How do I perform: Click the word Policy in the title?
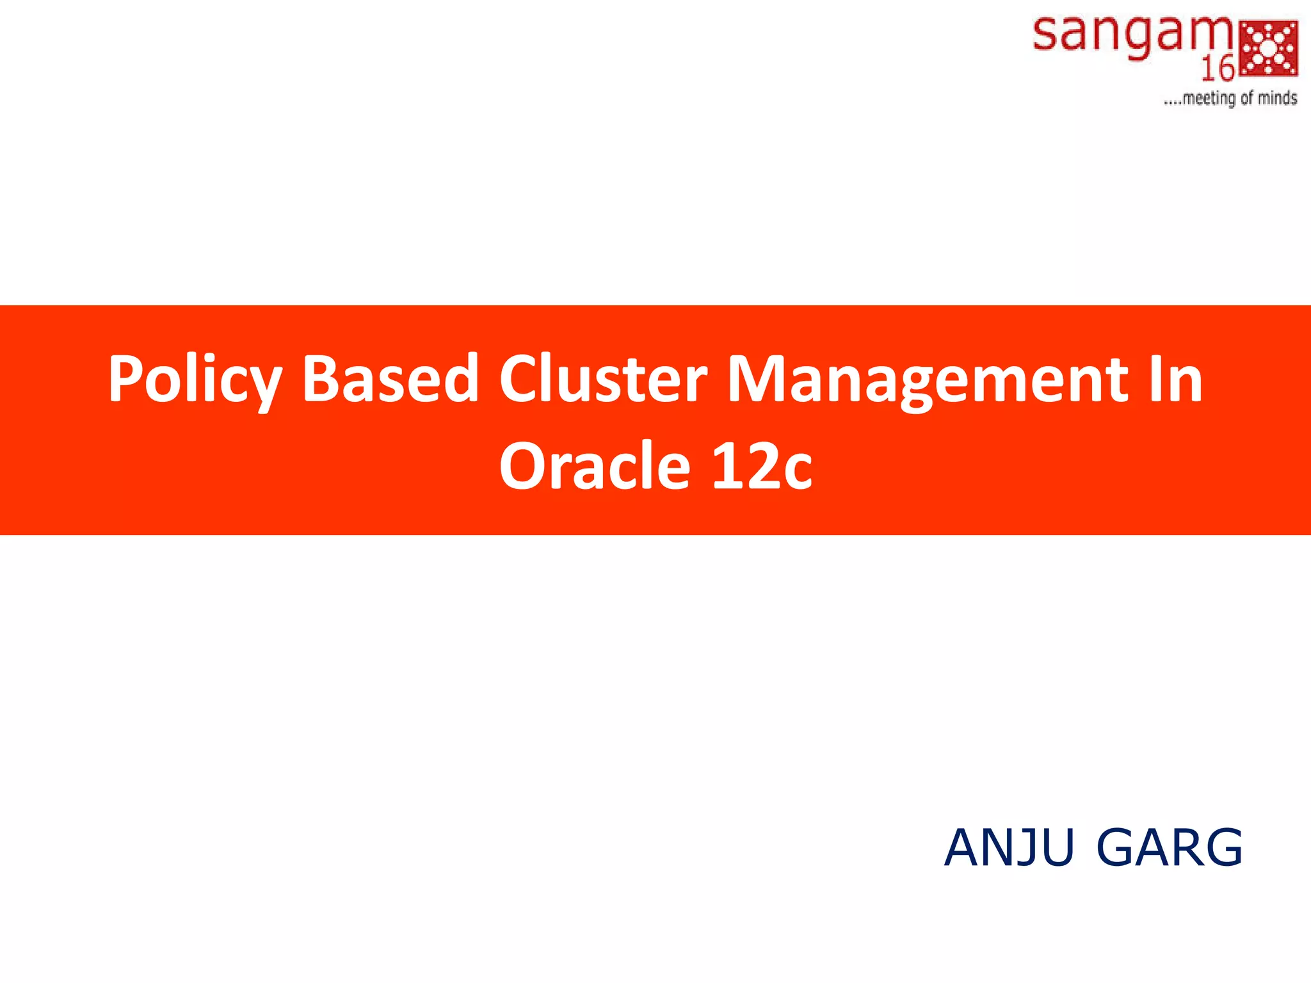(x=195, y=380)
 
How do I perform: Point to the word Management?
(x=928, y=380)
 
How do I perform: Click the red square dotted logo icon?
(x=1269, y=48)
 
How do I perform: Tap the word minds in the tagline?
(x=1277, y=98)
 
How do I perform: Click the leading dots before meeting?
(x=1172, y=102)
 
